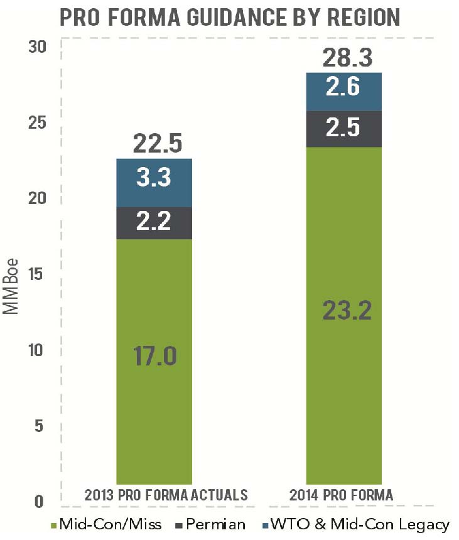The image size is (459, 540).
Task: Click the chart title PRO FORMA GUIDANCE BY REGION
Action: coord(229,16)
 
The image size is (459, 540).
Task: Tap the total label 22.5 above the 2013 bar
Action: coord(158,143)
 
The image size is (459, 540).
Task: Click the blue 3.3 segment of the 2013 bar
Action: coord(154,183)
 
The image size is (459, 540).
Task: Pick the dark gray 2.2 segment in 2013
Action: coord(154,223)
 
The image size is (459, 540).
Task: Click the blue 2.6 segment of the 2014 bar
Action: coord(343,92)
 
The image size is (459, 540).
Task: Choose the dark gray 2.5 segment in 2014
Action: coord(343,129)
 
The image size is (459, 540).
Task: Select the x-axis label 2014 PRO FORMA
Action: coord(342,495)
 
